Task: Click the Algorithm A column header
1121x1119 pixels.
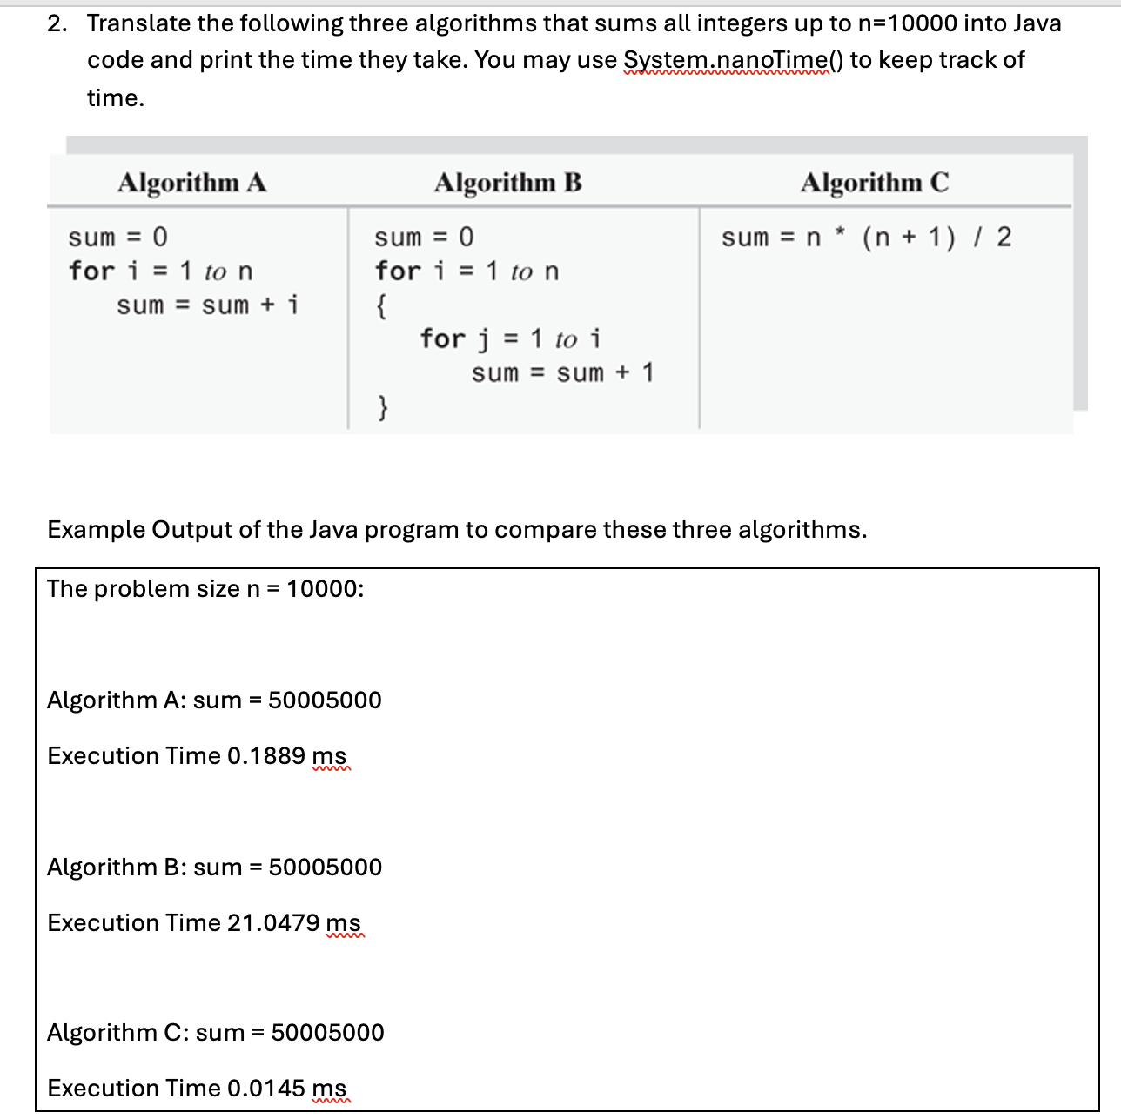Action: pyautogui.click(x=192, y=183)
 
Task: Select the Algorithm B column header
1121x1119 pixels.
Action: pyautogui.click(x=508, y=183)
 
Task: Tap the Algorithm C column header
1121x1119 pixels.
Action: pyautogui.click(x=875, y=183)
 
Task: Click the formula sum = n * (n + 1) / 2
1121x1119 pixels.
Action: pyautogui.click(x=866, y=237)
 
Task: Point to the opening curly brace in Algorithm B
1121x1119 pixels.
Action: pyautogui.click(x=381, y=305)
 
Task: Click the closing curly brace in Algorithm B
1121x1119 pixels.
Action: pyautogui.click(x=381, y=406)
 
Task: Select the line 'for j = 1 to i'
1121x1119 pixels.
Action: pyautogui.click(x=510, y=338)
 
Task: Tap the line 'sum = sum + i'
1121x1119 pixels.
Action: pyautogui.click(x=207, y=305)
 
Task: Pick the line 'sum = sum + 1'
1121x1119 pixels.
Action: pyautogui.click(x=562, y=373)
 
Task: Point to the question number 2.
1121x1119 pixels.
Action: pyautogui.click(x=57, y=23)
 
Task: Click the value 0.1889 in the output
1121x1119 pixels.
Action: pyautogui.click(x=265, y=755)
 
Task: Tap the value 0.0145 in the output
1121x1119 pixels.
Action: pyautogui.click(x=265, y=1088)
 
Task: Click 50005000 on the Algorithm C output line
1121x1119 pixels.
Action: pyautogui.click(x=327, y=1032)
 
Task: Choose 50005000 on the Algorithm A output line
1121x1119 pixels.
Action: pyautogui.click(x=325, y=700)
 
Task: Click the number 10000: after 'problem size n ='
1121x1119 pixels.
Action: pyautogui.click(x=325, y=589)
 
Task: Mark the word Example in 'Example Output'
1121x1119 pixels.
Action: pyautogui.click(x=96, y=529)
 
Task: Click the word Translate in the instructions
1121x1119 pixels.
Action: pyautogui.click(x=138, y=23)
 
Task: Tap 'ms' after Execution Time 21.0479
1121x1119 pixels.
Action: pyautogui.click(x=343, y=922)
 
